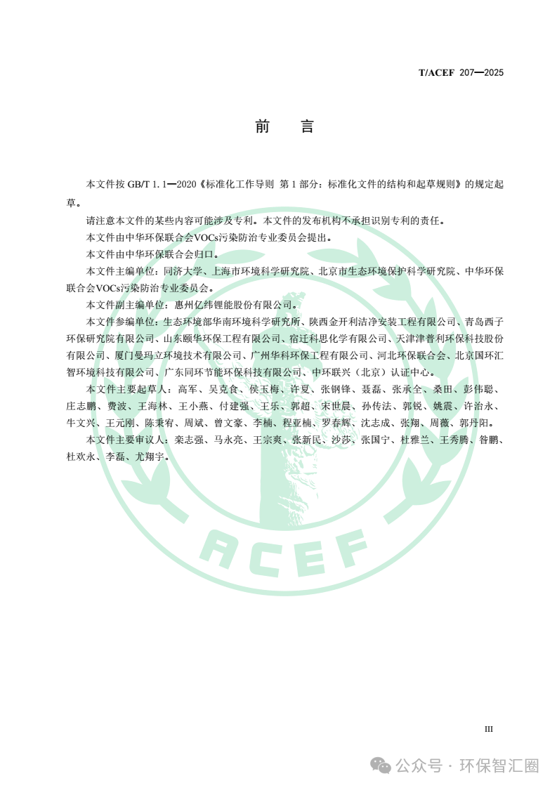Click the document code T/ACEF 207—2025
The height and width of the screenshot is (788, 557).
pos(461,72)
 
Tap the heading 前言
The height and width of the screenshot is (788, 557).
pos(284,126)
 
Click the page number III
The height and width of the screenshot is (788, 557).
pos(489,728)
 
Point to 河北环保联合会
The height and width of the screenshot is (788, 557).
pos(411,355)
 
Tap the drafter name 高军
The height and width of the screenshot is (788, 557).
pos(188,389)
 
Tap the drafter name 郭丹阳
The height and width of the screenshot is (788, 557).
pos(476,423)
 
